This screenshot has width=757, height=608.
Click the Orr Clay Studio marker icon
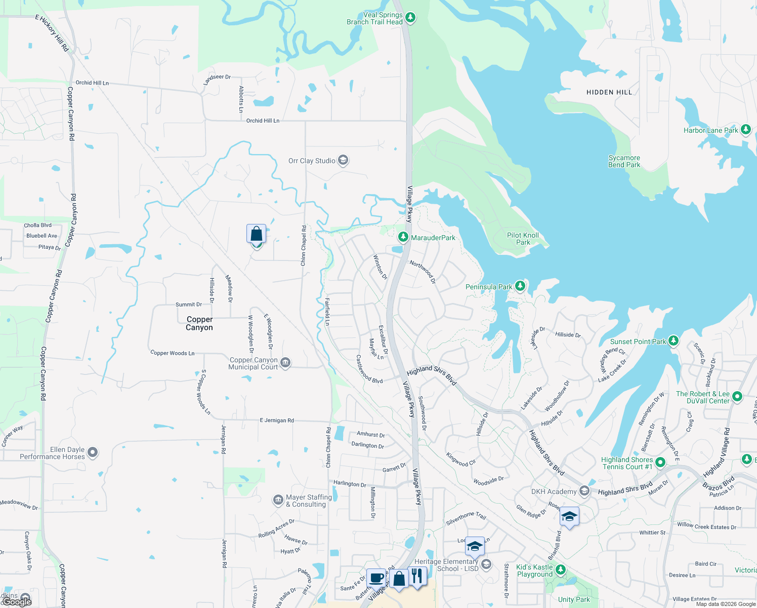(x=343, y=161)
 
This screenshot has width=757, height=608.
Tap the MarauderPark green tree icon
(x=403, y=237)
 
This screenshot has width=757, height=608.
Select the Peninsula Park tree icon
(x=520, y=286)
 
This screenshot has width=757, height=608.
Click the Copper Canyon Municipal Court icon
(x=285, y=363)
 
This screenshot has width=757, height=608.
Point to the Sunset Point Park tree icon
(x=673, y=341)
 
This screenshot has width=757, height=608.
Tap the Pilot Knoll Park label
(x=523, y=239)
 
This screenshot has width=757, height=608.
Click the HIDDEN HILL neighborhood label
(x=609, y=92)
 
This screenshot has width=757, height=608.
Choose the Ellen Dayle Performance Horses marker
(x=93, y=452)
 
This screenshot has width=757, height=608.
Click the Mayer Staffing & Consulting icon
(x=278, y=501)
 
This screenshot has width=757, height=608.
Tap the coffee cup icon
(x=376, y=578)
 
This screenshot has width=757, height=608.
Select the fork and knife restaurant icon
(x=417, y=576)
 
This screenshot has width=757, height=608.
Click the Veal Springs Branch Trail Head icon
(x=410, y=18)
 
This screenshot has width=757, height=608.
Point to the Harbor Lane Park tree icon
(x=745, y=130)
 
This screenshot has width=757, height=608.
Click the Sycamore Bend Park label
(x=624, y=161)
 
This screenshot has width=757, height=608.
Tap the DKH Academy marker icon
(x=584, y=491)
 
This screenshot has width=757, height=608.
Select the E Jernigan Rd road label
(x=277, y=421)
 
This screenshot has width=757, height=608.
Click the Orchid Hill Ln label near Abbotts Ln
(x=263, y=121)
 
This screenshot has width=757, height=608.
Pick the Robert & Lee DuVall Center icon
(x=737, y=397)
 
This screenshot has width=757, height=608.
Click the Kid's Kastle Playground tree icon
(x=560, y=570)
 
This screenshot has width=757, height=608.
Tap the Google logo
(x=17, y=601)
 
